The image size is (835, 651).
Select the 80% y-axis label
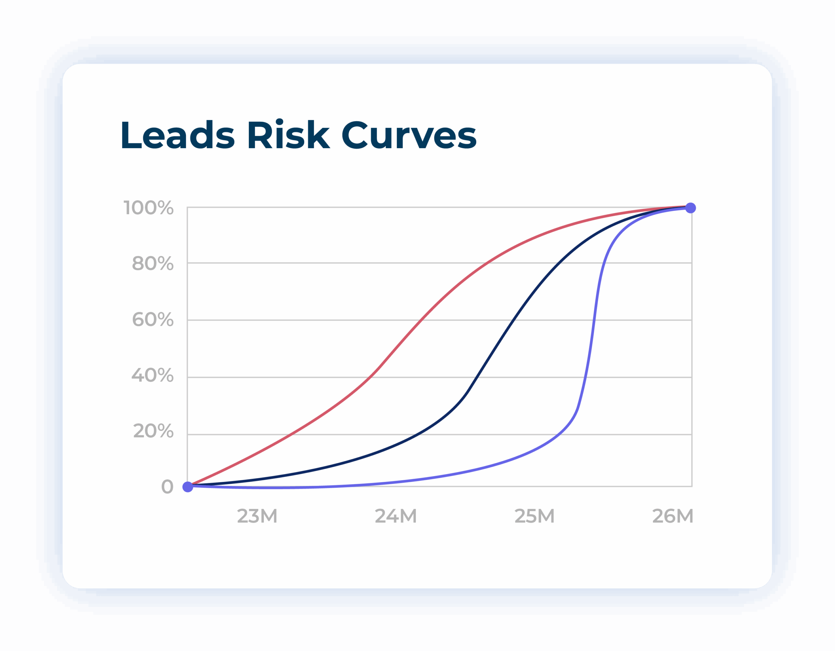pyautogui.click(x=153, y=263)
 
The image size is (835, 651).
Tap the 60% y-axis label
pyautogui.click(x=153, y=320)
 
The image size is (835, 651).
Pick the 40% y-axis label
pyautogui.click(x=153, y=375)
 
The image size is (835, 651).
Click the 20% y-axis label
pyautogui.click(x=153, y=431)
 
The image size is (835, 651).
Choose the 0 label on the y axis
pyautogui.click(x=167, y=487)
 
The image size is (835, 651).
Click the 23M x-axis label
pyautogui.click(x=257, y=516)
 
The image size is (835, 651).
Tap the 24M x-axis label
pyautogui.click(x=396, y=516)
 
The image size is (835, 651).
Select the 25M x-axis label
pyautogui.click(x=535, y=516)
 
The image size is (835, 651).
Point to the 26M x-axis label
pyautogui.click(x=673, y=516)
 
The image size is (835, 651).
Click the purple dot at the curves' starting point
pyautogui.click(x=188, y=487)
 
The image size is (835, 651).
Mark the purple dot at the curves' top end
pyautogui.click(x=691, y=208)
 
